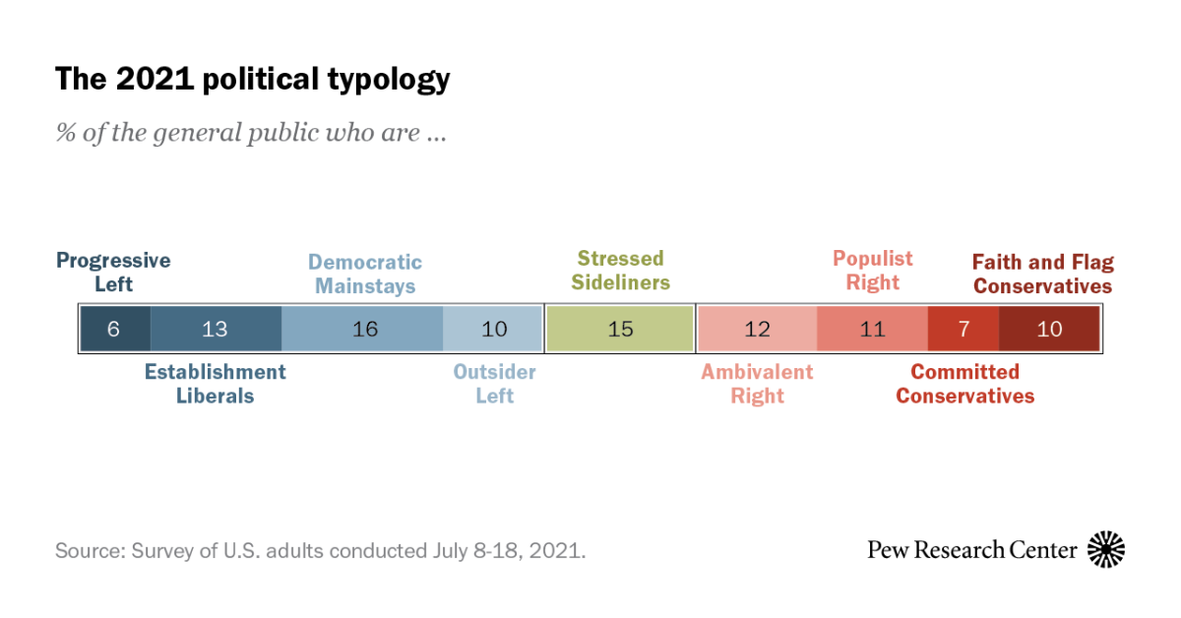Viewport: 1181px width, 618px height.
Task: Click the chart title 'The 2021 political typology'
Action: click(x=252, y=79)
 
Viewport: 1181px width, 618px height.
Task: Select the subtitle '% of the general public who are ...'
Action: click(x=251, y=133)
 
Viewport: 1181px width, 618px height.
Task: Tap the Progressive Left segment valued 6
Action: click(x=115, y=329)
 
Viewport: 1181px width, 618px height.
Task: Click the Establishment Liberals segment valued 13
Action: click(x=216, y=329)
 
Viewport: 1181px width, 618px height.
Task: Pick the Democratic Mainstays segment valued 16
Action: click(x=362, y=329)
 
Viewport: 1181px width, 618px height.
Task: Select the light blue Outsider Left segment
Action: click(x=492, y=329)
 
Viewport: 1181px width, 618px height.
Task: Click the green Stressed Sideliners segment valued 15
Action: click(x=620, y=329)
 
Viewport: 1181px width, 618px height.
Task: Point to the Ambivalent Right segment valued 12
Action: click(x=757, y=329)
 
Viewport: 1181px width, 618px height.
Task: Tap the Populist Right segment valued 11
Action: click(x=872, y=329)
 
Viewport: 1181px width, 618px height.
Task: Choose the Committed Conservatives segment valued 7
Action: click(x=963, y=329)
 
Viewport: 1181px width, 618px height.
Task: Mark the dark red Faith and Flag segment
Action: click(x=1048, y=329)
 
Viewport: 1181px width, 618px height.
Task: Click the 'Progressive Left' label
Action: click(x=113, y=273)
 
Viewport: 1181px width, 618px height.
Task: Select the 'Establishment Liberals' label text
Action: click(x=216, y=384)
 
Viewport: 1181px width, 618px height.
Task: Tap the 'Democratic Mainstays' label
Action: click(x=365, y=275)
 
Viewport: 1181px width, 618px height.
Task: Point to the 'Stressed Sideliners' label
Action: click(x=621, y=271)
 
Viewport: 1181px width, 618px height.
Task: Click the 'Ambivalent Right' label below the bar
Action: click(x=757, y=384)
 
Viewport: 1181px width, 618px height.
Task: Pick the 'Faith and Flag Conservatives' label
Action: click(x=1043, y=275)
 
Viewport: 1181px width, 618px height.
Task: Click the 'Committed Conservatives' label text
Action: click(x=964, y=384)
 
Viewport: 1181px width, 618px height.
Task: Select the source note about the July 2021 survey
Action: click(x=320, y=550)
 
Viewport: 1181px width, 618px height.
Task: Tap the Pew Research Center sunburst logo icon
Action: click(x=1105, y=549)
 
